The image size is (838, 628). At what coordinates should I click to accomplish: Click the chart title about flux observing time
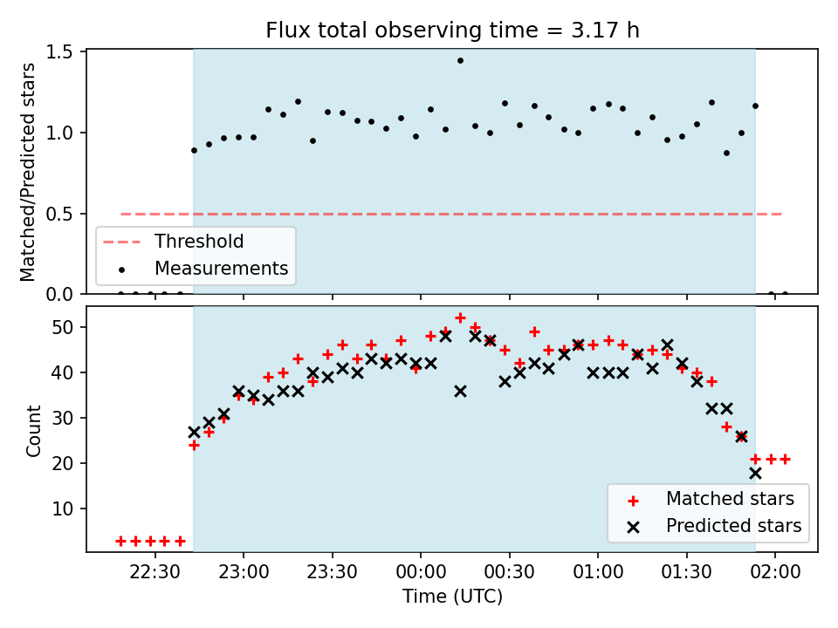click(452, 30)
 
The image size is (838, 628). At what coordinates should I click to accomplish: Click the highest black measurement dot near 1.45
click(460, 61)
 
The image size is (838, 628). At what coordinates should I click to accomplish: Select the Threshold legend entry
click(173, 242)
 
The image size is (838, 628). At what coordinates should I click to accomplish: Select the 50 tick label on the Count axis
click(63, 327)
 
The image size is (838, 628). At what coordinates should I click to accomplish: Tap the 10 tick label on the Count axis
click(63, 509)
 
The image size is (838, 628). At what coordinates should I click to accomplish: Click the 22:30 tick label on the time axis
click(155, 572)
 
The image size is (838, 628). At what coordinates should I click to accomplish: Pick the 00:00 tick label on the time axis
click(421, 572)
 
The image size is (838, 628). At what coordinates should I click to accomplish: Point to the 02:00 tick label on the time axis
click(775, 572)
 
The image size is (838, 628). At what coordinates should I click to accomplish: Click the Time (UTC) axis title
click(452, 596)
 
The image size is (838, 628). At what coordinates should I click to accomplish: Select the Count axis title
click(33, 430)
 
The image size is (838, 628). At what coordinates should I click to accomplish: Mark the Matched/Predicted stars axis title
click(27, 172)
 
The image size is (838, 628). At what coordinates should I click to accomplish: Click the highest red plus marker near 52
click(460, 318)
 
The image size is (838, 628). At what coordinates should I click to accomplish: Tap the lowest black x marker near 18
click(755, 473)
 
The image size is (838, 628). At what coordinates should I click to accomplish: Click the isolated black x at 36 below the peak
click(460, 392)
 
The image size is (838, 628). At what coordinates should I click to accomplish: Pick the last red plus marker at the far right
click(785, 460)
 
